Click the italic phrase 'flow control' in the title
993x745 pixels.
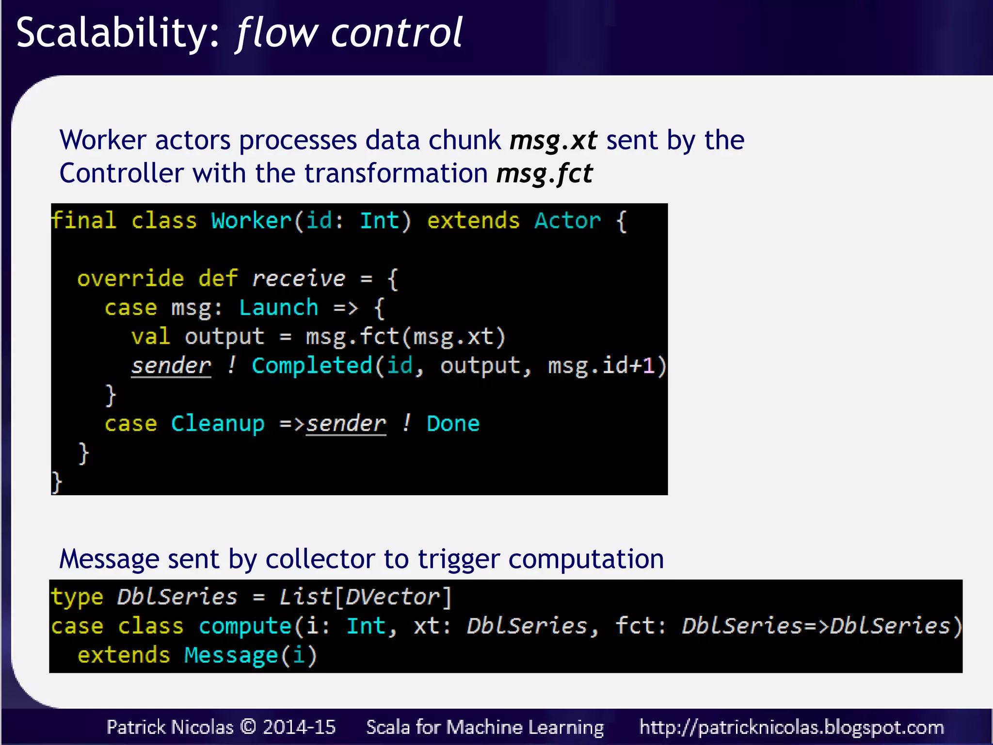point(349,33)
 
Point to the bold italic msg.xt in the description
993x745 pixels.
point(553,140)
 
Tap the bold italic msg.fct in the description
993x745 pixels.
point(544,173)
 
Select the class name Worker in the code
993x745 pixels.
point(251,221)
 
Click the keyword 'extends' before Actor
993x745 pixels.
point(473,221)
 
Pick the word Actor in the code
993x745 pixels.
point(567,221)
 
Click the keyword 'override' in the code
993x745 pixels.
point(130,278)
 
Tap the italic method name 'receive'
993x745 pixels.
point(298,278)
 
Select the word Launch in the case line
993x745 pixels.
point(279,308)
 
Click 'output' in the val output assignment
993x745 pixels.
point(224,337)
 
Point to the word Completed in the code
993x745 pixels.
point(312,365)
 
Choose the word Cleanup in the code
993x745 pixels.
point(218,423)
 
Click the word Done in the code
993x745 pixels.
point(453,423)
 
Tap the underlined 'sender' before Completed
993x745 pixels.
point(171,365)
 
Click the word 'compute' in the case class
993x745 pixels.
point(245,626)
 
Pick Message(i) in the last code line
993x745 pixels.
point(250,655)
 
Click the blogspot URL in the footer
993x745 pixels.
point(791,727)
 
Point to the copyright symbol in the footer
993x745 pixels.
point(248,727)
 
